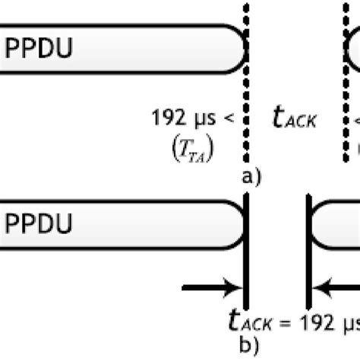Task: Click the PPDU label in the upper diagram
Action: tap(39, 49)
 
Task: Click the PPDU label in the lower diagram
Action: tap(39, 224)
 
